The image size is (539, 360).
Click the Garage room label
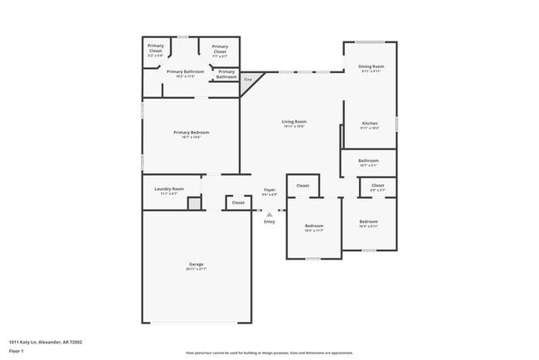[196, 265]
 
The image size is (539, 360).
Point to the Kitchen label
[370, 124]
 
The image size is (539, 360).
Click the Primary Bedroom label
[191, 133]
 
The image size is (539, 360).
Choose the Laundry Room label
[168, 189]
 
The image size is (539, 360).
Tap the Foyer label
[269, 190]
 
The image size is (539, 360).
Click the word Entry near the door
[269, 221]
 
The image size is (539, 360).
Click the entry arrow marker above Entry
[269, 214]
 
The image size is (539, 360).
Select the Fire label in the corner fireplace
[248, 80]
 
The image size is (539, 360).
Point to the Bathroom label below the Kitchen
[368, 160]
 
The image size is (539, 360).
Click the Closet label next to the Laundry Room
[238, 202]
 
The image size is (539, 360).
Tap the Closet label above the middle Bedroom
[303, 185]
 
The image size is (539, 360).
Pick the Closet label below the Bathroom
[377, 185]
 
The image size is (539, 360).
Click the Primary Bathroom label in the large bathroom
[185, 71]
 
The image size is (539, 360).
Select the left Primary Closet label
[156, 47]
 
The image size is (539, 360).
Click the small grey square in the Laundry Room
[194, 203]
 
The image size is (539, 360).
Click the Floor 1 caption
[17, 352]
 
